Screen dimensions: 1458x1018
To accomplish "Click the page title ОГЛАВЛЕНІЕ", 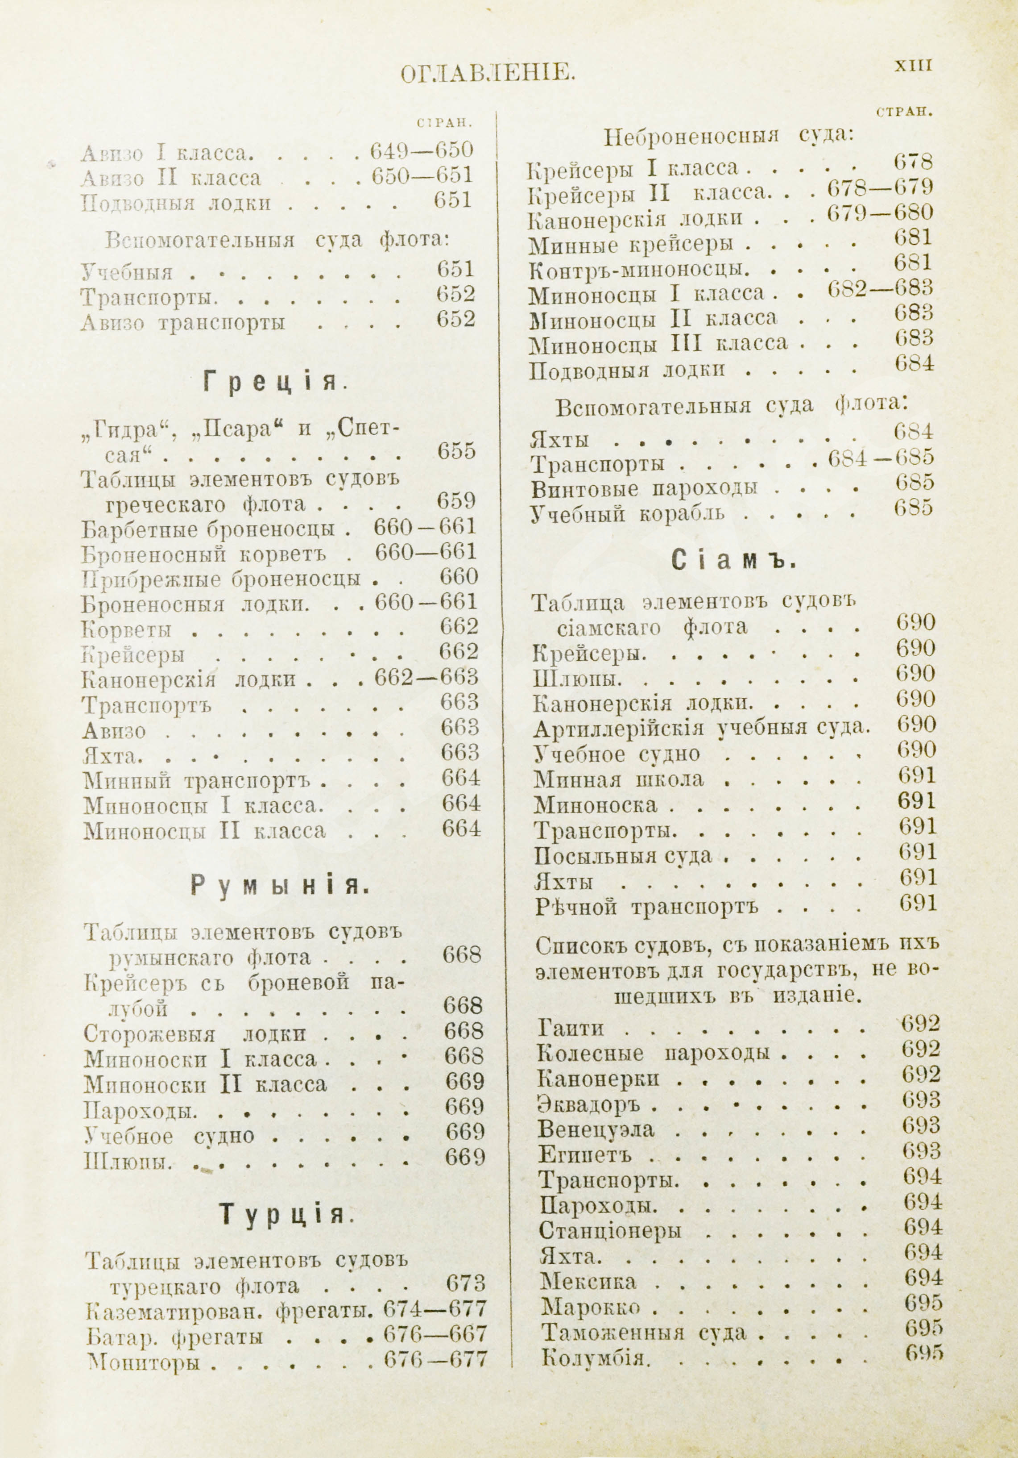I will pyautogui.click(x=488, y=75).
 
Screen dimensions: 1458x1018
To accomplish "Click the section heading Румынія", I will pyautogui.click(x=279, y=885).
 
